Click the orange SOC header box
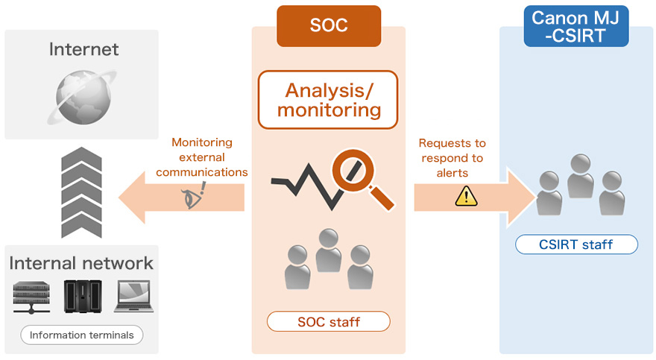coord(328,25)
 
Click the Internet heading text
coord(83,50)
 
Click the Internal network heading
coord(81,263)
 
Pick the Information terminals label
coord(81,335)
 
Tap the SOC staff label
coord(329,322)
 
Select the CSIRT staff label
coord(576,244)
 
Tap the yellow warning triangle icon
coord(466,196)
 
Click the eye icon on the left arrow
coord(192,198)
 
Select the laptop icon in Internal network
coord(133,296)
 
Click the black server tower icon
coord(82,296)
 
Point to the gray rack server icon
coord(31,297)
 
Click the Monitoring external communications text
coord(201,157)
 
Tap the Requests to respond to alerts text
coord(452,157)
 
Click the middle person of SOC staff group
coord(328,250)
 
